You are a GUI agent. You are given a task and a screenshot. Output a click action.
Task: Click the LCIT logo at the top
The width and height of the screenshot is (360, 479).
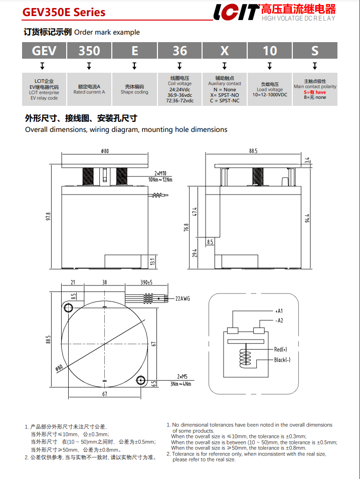click(x=235, y=12)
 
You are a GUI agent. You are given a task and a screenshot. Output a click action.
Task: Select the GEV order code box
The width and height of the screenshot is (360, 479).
click(x=44, y=51)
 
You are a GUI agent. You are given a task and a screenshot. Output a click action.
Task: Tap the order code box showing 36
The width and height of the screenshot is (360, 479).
click(x=179, y=51)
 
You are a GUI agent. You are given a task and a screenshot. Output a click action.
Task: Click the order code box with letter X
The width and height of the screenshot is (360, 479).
click(x=225, y=51)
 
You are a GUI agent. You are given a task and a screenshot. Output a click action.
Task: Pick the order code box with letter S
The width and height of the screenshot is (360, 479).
click(x=315, y=51)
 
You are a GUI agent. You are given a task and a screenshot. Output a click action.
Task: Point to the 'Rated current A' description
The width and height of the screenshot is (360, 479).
click(x=89, y=92)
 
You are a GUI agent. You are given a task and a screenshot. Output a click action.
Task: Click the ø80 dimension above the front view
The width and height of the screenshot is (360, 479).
click(x=105, y=151)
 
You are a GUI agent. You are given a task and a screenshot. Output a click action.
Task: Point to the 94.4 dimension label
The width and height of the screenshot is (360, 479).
click(x=308, y=219)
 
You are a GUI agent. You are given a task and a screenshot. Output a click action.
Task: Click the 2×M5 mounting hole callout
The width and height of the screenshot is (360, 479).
click(x=183, y=376)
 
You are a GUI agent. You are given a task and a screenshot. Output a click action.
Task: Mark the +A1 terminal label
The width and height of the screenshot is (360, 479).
click(x=279, y=311)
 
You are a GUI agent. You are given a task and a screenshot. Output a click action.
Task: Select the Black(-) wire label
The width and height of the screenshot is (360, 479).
click(x=283, y=360)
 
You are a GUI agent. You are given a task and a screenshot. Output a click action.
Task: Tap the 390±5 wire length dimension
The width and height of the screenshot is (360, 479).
click(x=146, y=283)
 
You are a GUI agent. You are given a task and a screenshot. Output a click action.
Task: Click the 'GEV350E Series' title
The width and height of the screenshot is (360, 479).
click(x=64, y=12)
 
